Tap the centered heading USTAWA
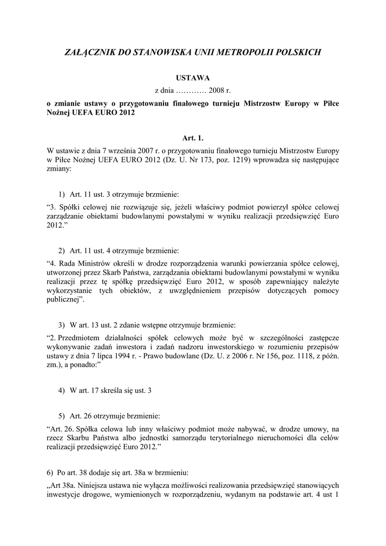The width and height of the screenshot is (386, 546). pyautogui.click(x=193, y=78)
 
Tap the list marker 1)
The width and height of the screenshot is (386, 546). pyautogui.click(x=61, y=194)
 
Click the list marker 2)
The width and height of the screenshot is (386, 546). pyautogui.click(x=61, y=250)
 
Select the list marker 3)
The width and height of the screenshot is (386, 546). pyautogui.click(x=61, y=325)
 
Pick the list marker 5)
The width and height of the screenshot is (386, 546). pyautogui.click(x=61, y=415)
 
